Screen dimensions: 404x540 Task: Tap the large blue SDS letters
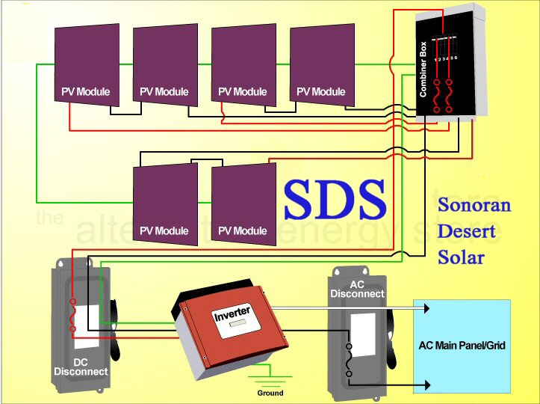(334, 199)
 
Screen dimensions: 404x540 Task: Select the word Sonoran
(474, 204)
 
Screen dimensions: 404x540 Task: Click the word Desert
(466, 230)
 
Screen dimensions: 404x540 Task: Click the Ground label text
(270, 393)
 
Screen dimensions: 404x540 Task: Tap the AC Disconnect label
(357, 289)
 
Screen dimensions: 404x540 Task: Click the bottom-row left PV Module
(164, 202)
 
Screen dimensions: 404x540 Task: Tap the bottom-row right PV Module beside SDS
(239, 202)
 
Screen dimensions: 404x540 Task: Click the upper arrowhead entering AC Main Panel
(426, 307)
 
